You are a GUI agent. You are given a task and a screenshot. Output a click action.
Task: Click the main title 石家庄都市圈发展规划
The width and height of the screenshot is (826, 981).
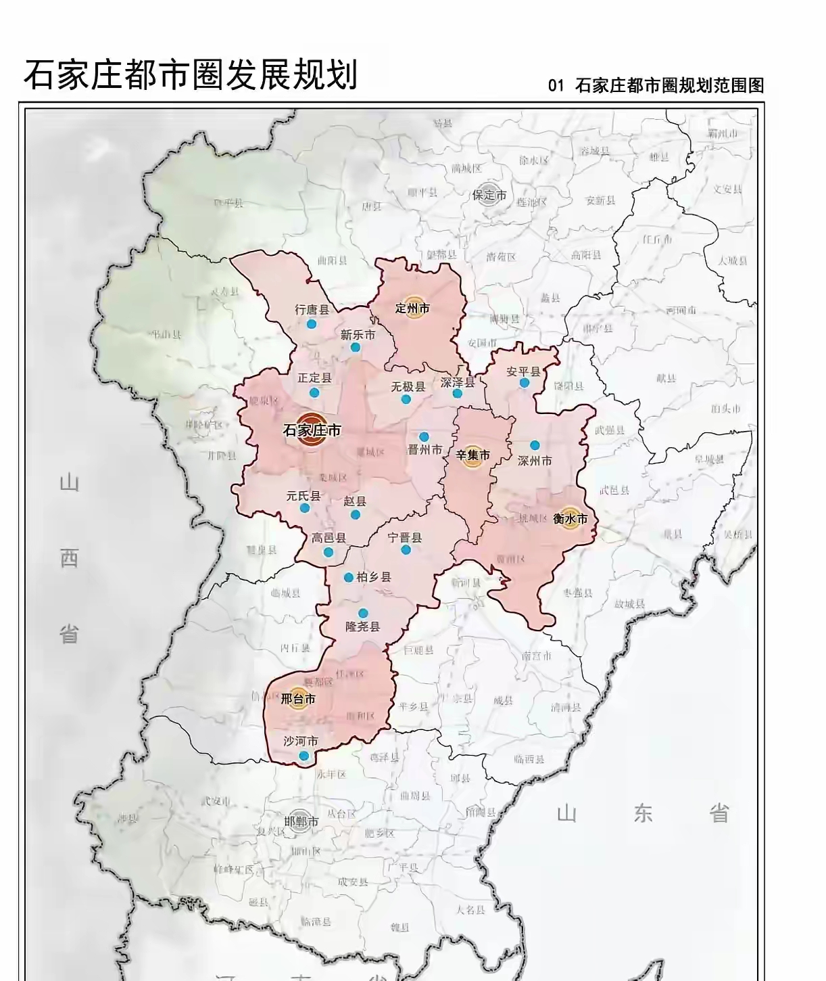pyautogui.click(x=191, y=75)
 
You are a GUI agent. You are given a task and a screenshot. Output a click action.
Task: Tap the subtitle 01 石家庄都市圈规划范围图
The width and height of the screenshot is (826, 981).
pyautogui.click(x=656, y=86)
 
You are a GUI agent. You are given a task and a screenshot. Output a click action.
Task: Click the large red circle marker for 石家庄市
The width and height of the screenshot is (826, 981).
pyautogui.click(x=312, y=430)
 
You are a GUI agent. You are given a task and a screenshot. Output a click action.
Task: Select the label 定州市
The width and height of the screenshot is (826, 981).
pyautogui.click(x=412, y=309)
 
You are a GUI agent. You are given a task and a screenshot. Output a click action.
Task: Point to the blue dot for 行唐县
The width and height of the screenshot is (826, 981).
pyautogui.click(x=312, y=324)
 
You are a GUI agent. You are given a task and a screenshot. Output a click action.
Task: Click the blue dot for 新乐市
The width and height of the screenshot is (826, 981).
pyautogui.click(x=356, y=348)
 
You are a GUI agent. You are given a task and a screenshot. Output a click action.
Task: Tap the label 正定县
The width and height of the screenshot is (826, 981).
pyautogui.click(x=314, y=378)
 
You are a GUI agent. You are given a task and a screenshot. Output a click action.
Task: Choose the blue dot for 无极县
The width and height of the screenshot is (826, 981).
pyautogui.click(x=406, y=399)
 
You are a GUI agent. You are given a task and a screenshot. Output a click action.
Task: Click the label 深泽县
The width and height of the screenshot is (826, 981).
pyautogui.click(x=458, y=382)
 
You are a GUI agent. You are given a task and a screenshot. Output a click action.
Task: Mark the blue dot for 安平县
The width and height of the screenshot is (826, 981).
pyautogui.click(x=525, y=383)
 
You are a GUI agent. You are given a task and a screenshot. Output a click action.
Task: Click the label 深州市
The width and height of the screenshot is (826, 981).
pyautogui.click(x=535, y=461)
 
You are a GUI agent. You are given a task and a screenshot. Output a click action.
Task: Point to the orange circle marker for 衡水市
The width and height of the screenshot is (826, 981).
pyautogui.click(x=570, y=519)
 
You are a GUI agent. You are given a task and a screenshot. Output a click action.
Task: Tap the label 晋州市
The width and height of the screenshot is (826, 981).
pyautogui.click(x=424, y=450)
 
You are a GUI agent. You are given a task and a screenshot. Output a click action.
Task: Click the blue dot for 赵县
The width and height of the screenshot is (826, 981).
pyautogui.click(x=356, y=514)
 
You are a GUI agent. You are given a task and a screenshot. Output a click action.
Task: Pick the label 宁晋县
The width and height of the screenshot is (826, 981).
pyautogui.click(x=405, y=538)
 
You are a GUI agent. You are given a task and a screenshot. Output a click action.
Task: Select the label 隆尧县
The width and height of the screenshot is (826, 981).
pyautogui.click(x=363, y=626)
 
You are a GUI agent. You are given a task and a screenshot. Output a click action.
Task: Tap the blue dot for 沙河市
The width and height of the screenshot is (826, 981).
pyautogui.click(x=304, y=756)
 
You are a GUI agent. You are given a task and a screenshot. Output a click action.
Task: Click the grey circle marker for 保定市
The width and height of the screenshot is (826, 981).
pyautogui.click(x=489, y=195)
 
